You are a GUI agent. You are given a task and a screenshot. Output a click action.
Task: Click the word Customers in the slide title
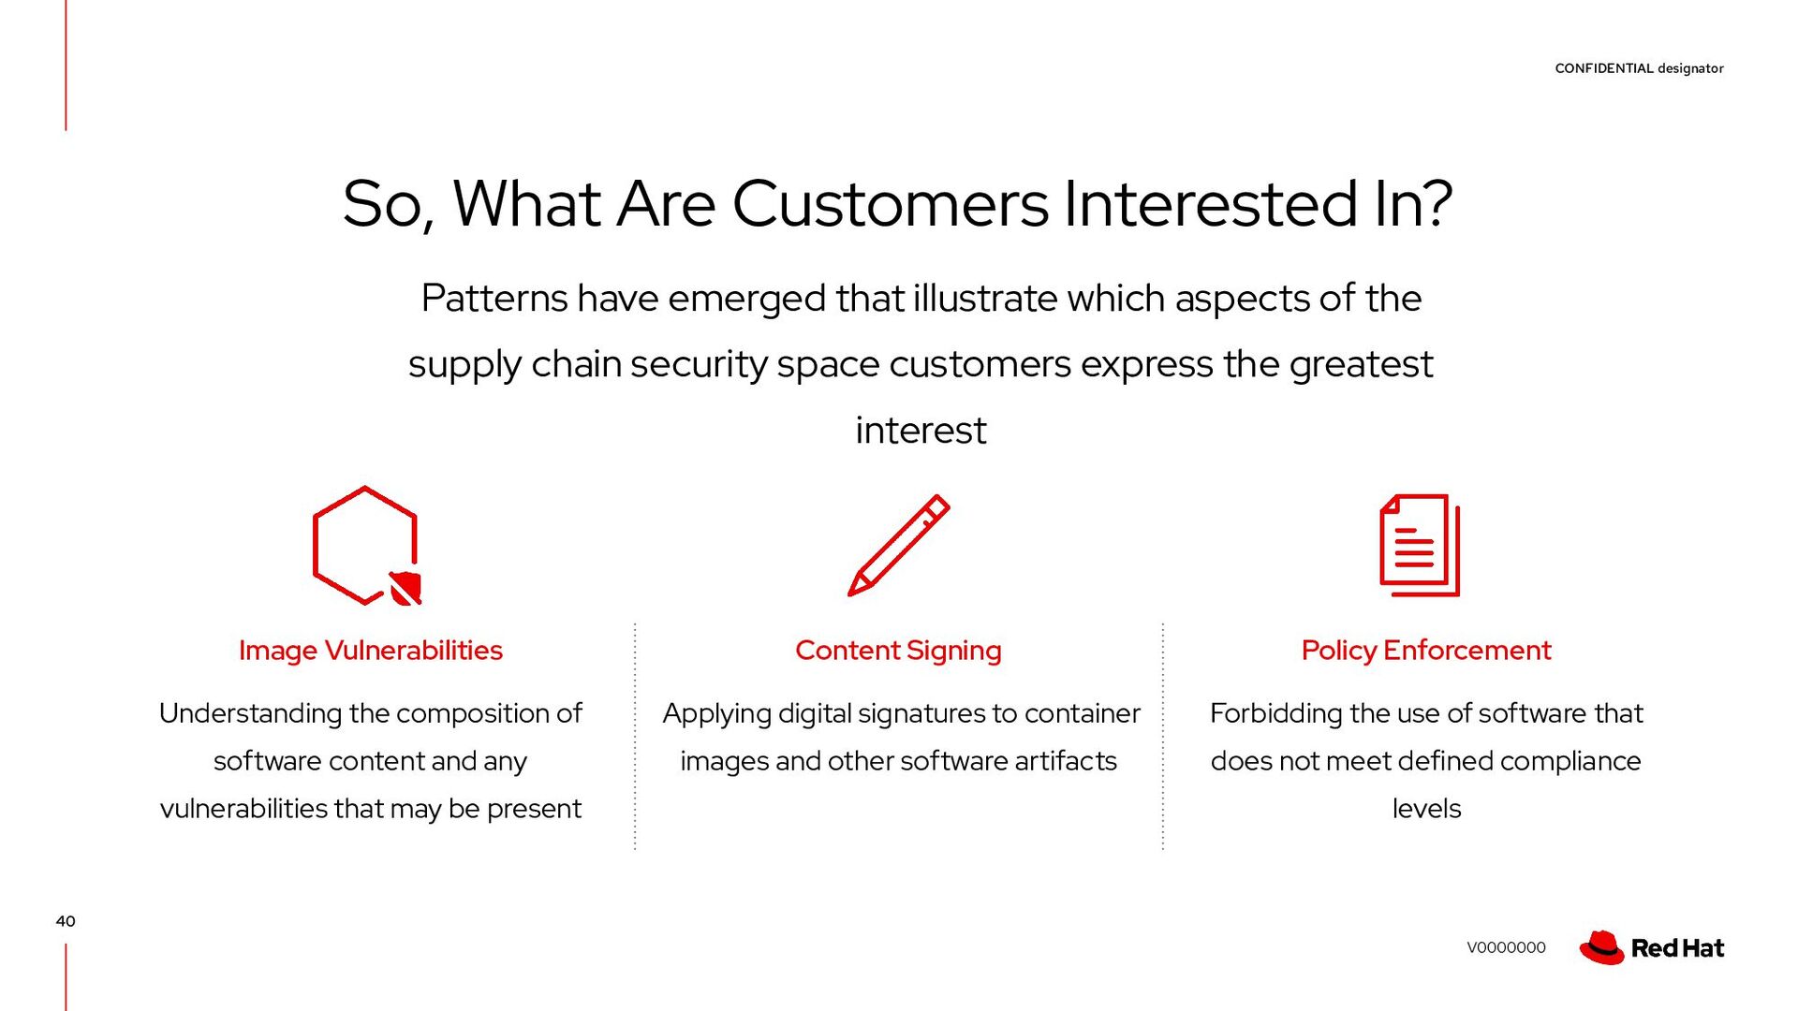point(890,204)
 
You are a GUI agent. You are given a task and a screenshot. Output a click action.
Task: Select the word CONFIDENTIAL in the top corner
point(1603,68)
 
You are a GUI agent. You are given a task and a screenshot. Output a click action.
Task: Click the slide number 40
point(66,921)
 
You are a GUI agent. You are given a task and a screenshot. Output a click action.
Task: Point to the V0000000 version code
point(1506,947)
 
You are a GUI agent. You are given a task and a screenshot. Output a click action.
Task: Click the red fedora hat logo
point(1601,947)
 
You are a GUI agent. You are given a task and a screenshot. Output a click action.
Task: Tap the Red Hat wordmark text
point(1677,948)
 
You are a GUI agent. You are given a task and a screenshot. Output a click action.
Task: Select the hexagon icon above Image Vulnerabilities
point(364,545)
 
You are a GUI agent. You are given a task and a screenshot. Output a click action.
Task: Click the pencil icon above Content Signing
point(898,545)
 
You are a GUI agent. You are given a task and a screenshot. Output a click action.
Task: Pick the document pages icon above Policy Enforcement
point(1420,545)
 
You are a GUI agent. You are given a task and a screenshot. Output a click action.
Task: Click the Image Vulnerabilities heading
point(370,650)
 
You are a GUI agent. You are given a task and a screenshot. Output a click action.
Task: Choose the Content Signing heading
point(898,650)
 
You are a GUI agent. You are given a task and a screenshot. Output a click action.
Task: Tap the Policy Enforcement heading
point(1425,650)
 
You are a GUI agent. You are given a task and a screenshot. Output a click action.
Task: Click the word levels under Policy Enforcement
point(1426,809)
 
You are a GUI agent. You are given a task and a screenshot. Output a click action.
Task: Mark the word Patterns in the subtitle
point(494,299)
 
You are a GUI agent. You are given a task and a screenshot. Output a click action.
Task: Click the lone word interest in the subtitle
point(921,431)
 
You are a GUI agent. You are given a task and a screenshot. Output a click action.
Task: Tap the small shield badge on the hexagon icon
point(405,588)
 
